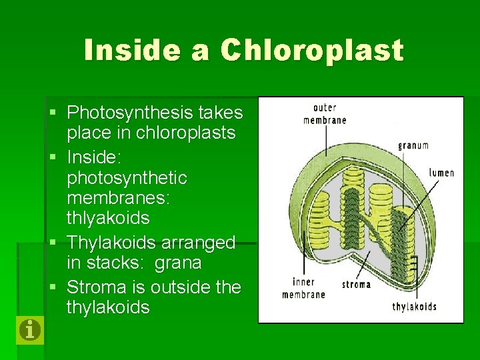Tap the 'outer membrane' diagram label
click(325, 114)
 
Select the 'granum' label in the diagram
click(413, 145)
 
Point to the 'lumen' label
click(441, 173)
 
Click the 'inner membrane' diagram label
click(303, 288)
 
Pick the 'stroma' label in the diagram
click(356, 285)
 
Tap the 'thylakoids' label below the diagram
click(415, 307)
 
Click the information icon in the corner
click(30, 329)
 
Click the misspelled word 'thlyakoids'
click(108, 218)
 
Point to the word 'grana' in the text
click(177, 263)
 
